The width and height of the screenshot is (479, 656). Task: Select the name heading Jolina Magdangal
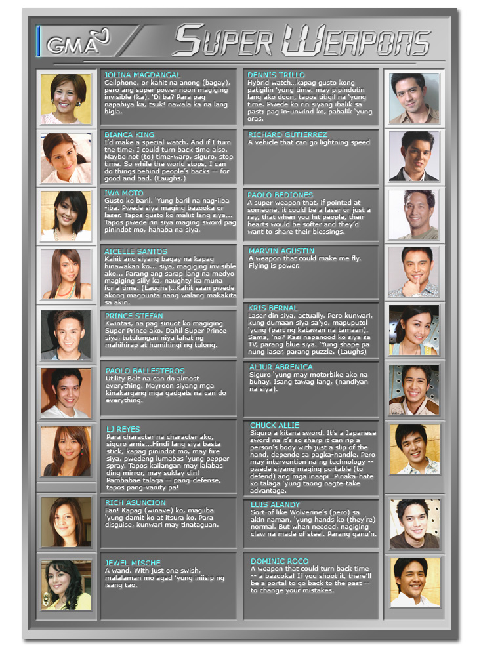[x=142, y=75]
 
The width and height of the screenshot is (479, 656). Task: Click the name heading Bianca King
[x=129, y=134]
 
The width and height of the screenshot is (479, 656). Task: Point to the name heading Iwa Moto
[x=124, y=193]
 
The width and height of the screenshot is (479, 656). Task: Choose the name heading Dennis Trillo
[x=276, y=75]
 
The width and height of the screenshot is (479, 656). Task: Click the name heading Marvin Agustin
[x=281, y=251]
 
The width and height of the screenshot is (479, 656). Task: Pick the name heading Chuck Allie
[x=274, y=425]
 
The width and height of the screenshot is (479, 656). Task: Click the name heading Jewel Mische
[x=133, y=563]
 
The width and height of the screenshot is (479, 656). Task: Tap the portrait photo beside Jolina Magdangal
[x=66, y=98]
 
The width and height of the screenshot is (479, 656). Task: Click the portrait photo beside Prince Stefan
[x=66, y=335]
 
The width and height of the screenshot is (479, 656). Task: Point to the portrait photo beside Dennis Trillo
[x=415, y=98]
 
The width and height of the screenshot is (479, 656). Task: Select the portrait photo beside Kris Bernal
[x=415, y=330]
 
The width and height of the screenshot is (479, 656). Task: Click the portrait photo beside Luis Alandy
[x=415, y=523]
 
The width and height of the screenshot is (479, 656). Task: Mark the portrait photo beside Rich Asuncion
[x=66, y=522]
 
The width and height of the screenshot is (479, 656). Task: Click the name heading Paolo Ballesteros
[x=145, y=371]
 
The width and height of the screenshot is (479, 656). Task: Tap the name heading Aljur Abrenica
[x=281, y=367]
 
